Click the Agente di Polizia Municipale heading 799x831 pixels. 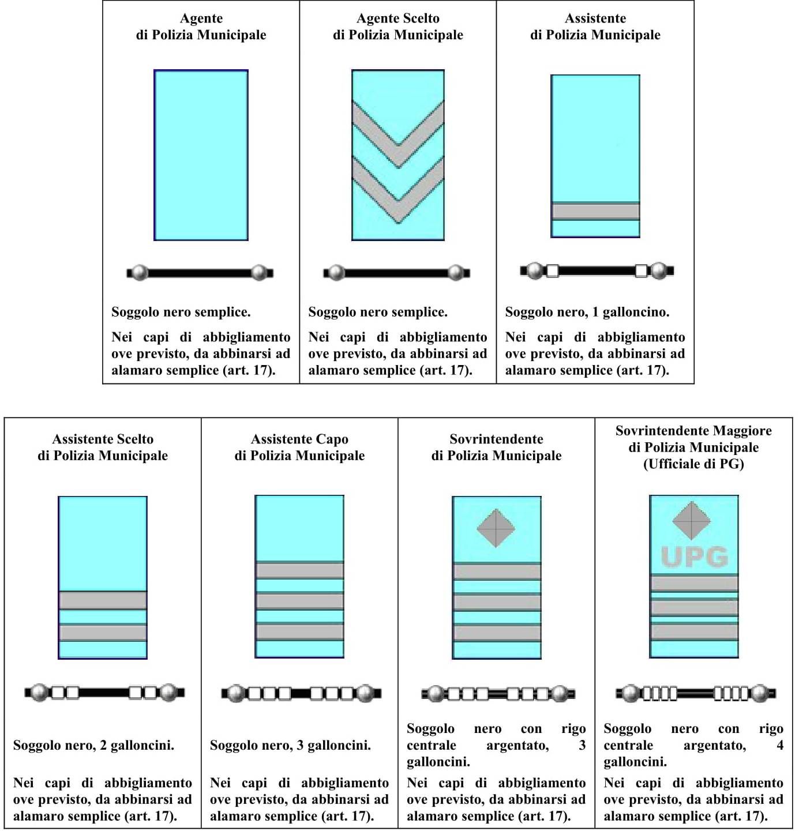(201, 27)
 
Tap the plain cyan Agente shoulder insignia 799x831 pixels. (201, 155)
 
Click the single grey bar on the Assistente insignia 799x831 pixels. (595, 211)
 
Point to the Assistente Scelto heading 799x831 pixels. (103, 447)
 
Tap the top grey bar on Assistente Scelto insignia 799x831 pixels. (103, 600)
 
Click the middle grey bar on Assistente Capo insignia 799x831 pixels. (299, 600)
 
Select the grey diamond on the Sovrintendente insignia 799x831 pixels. (496, 528)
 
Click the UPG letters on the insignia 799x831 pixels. (694, 557)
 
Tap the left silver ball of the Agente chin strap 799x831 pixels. (140, 273)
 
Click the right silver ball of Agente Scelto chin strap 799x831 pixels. (456, 272)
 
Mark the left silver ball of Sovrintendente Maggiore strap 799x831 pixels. (631, 693)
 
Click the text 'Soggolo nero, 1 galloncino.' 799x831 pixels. (587, 312)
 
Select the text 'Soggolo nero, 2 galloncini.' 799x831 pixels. (93, 745)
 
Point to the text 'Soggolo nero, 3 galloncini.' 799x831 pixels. (290, 745)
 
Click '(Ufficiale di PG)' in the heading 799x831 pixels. (693, 464)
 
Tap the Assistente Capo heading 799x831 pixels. (299, 439)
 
